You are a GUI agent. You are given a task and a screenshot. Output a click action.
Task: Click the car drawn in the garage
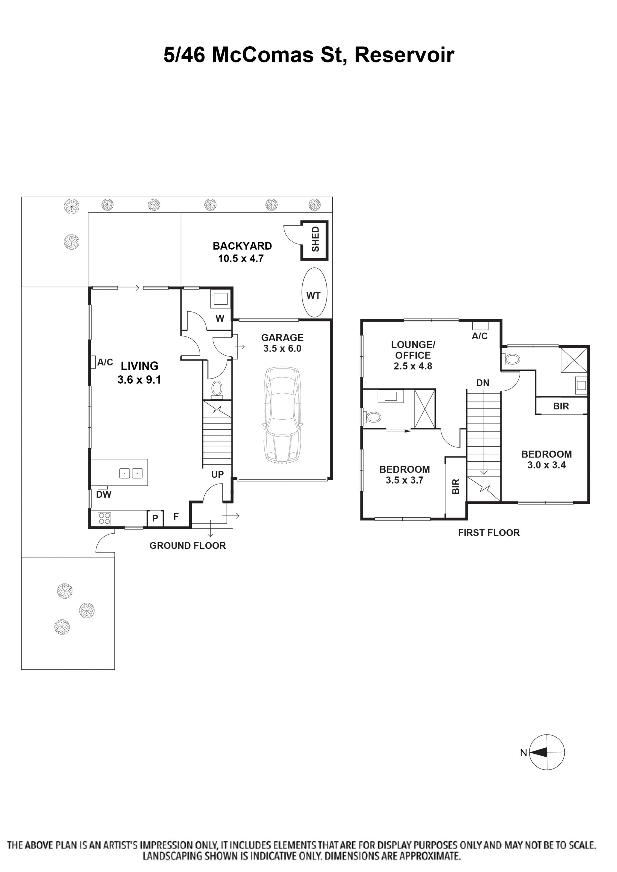click(283, 415)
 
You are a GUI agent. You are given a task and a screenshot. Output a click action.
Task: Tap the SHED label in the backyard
click(315, 239)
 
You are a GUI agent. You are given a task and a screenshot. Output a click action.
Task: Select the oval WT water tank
click(314, 292)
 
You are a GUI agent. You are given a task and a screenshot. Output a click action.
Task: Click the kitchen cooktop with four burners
click(104, 519)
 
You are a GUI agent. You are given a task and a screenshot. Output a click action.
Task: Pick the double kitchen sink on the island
click(131, 473)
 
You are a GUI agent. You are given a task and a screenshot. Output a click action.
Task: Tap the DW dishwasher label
click(104, 494)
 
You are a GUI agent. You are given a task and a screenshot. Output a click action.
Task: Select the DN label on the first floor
click(483, 383)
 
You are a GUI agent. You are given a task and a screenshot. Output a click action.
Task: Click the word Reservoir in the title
click(404, 55)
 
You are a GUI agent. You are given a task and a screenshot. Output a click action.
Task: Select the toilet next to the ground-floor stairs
click(217, 389)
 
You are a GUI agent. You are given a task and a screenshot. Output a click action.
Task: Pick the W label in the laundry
click(220, 318)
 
